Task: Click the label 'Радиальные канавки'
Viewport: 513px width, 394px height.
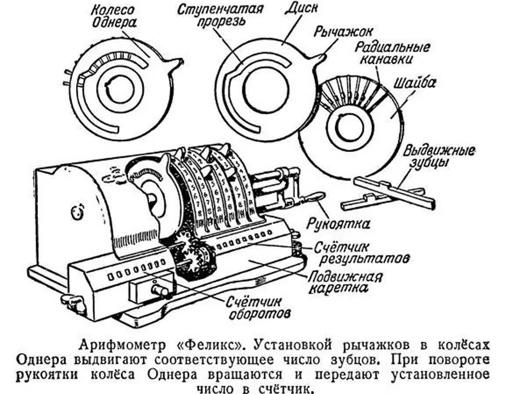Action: pyautogui.click(x=391, y=54)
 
